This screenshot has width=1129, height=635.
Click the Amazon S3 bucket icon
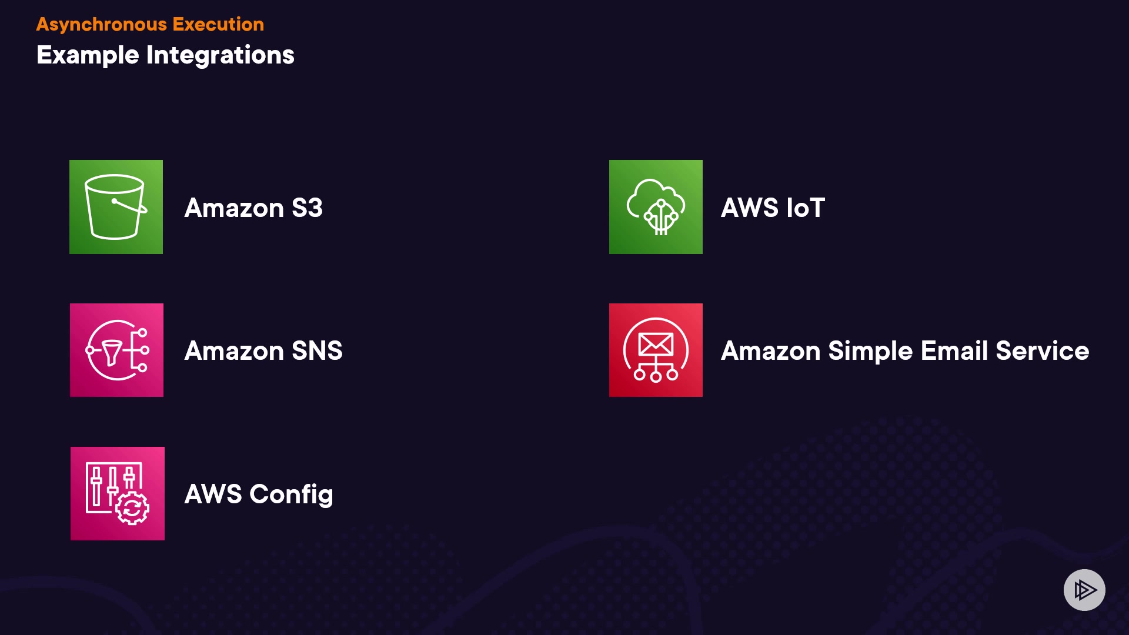(x=116, y=207)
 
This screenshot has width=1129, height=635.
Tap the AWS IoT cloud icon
(x=656, y=207)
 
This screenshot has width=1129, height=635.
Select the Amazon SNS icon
(x=116, y=350)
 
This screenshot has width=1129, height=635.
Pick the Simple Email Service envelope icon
(x=656, y=350)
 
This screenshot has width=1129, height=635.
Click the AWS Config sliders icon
(x=117, y=493)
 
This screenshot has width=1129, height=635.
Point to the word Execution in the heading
(x=218, y=24)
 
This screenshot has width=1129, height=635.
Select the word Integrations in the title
(x=220, y=55)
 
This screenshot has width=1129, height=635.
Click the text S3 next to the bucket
(x=307, y=208)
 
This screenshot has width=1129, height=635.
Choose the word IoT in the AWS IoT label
(x=806, y=208)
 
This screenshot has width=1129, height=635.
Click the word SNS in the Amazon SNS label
(x=317, y=351)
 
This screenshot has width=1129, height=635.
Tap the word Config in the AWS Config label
(x=291, y=494)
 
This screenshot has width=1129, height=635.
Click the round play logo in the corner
(x=1084, y=590)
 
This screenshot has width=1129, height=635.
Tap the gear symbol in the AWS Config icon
(x=132, y=508)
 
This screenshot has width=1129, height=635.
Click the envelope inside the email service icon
(x=656, y=344)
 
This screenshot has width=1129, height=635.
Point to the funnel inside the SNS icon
(x=112, y=352)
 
